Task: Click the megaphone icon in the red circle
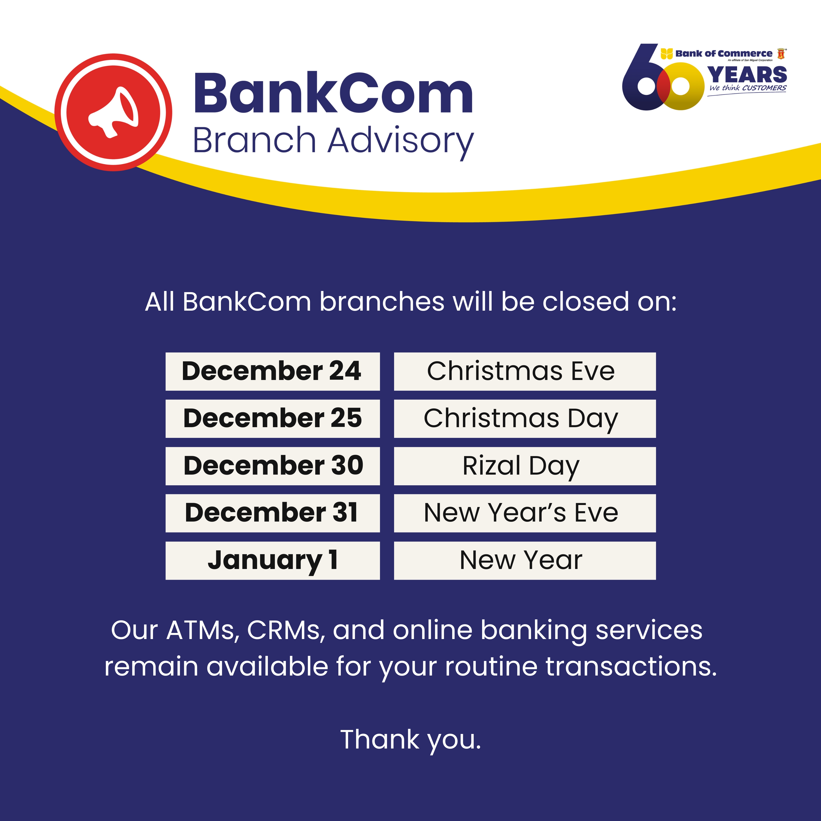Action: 113,112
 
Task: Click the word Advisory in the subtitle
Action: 400,142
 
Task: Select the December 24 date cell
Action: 272,371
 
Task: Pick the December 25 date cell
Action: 272,419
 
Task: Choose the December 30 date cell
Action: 272,466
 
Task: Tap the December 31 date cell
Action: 272,513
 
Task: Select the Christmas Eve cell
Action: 525,371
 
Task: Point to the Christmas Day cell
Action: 525,419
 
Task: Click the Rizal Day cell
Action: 525,466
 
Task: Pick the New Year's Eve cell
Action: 525,513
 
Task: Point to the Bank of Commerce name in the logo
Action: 724,54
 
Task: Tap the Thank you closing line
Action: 411,740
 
